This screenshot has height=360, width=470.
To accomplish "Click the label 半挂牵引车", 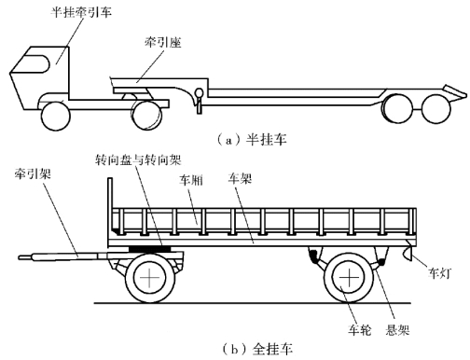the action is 81,12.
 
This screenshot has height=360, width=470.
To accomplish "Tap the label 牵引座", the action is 162,42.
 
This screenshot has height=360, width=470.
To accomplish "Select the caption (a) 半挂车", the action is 251,140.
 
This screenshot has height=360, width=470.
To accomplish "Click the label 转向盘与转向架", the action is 138,160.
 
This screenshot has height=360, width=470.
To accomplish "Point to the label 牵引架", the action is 33,173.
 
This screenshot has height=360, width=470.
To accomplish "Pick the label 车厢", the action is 191,180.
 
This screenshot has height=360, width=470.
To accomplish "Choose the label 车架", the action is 240,178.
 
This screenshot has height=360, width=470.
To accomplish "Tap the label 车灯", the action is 439,273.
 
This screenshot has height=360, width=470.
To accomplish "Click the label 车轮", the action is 360,329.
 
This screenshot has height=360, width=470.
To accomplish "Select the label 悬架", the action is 397,329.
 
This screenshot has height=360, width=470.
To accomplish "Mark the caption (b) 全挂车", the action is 257,349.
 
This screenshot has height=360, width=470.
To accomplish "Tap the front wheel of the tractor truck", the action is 56,116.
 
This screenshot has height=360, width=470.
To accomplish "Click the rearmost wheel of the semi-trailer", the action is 436,108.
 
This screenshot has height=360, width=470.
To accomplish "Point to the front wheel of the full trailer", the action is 150,278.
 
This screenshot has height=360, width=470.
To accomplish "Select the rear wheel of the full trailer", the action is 349,278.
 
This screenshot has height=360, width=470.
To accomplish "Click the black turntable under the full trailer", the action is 149,249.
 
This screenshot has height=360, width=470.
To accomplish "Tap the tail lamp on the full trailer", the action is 408,253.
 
